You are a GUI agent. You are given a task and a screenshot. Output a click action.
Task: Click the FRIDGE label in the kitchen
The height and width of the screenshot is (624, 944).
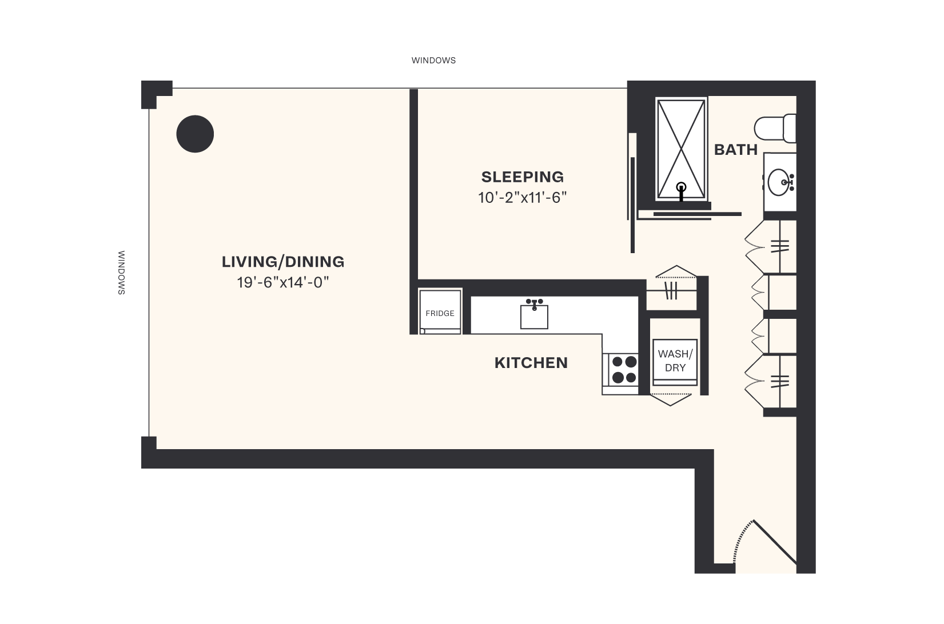(440, 313)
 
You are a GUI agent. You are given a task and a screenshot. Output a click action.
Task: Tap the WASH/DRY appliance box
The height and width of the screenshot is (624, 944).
(675, 361)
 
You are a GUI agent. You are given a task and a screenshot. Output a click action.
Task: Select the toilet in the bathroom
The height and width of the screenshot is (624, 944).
(775, 129)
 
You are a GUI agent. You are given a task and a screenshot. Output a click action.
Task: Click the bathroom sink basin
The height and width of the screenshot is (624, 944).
(779, 183)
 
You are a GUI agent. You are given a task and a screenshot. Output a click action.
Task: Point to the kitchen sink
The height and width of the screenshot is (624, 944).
(534, 315)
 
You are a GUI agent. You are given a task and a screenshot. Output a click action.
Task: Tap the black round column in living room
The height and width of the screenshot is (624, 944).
(195, 134)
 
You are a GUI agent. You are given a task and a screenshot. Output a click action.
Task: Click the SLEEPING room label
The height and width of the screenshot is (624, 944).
(523, 177)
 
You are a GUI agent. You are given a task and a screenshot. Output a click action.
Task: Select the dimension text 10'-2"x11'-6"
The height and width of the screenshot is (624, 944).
(523, 198)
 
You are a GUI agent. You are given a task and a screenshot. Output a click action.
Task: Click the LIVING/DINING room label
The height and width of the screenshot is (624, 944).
(283, 262)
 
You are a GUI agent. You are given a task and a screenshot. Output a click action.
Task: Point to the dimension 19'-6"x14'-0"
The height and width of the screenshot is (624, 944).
(283, 282)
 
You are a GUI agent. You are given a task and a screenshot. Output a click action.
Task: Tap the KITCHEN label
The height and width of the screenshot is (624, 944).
(531, 363)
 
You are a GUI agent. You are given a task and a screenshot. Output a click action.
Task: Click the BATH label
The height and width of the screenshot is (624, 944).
(736, 150)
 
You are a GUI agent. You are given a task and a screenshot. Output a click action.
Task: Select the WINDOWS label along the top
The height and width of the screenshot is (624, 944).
(433, 60)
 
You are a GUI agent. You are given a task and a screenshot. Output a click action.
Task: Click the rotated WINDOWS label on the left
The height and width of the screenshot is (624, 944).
(121, 273)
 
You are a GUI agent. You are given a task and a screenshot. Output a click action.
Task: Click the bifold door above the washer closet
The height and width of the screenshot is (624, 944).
(676, 271)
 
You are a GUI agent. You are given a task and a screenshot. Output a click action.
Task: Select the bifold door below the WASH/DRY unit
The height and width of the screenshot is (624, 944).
(672, 399)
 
